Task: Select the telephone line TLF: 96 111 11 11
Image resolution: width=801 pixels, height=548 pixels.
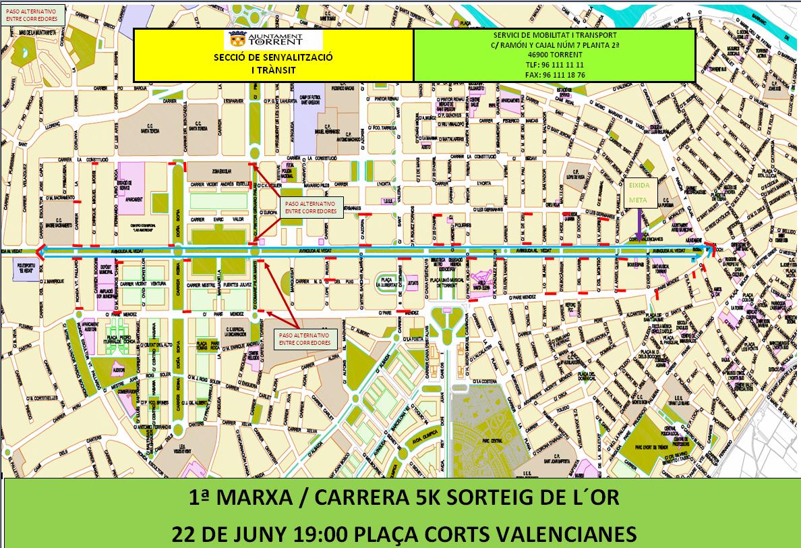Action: [x=555, y=65]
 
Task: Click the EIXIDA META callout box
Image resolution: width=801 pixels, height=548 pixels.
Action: [x=639, y=192]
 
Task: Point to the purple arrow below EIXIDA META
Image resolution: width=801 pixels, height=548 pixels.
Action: [x=639, y=221]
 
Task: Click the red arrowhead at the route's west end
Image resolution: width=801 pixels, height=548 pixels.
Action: [x=40, y=252]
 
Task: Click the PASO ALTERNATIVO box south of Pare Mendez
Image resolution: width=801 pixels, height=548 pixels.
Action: [x=305, y=339]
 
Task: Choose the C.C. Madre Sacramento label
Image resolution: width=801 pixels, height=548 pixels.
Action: [x=62, y=223]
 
